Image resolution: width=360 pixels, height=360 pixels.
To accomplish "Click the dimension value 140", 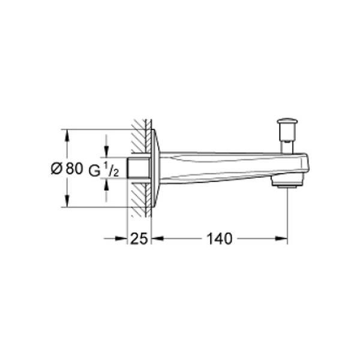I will point(220,239).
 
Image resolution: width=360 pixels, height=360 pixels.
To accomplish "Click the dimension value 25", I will point(139,239).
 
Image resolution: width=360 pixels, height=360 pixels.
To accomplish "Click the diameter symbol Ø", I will point(56,169).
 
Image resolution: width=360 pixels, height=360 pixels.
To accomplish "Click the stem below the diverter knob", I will point(287,147).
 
